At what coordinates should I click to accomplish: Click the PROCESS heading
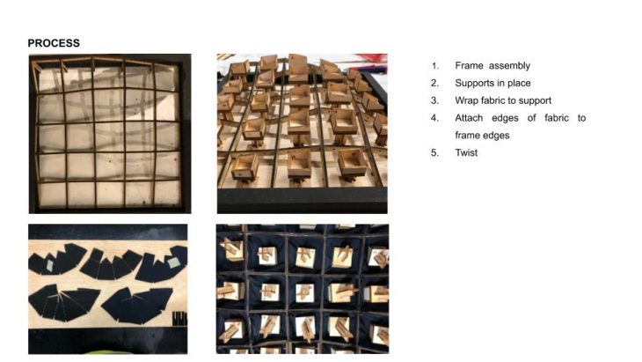coord(54,43)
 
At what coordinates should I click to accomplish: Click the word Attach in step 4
coord(469,118)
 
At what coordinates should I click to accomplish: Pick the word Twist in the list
coord(466,152)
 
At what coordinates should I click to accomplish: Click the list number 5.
coord(434,153)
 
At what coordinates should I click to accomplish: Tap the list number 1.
coord(434,66)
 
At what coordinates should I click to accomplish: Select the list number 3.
coord(434,101)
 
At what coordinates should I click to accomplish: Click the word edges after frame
coord(496,136)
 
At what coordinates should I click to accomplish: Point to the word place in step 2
coord(520,83)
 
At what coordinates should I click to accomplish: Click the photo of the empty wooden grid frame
coord(110,134)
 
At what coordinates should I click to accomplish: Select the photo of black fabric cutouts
coord(107,289)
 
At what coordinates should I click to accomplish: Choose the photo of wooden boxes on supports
coord(303,134)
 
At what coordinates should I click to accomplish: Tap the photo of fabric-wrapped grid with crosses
coord(303,289)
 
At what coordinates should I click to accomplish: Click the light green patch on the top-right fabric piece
coord(174,262)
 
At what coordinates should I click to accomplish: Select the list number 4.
coord(434,118)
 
